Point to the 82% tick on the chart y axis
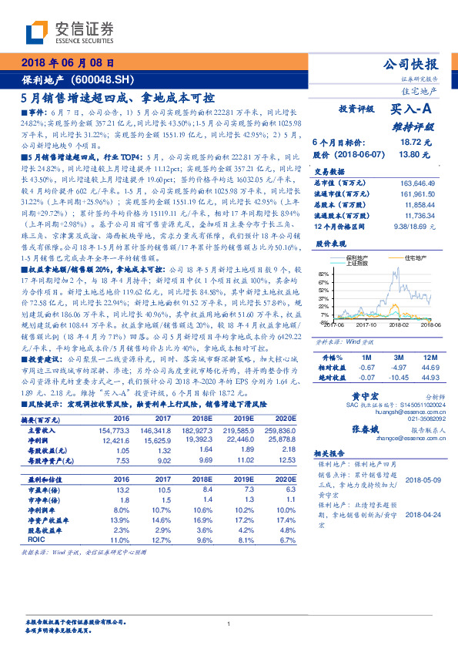pyautogui.click(x=323, y=273)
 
